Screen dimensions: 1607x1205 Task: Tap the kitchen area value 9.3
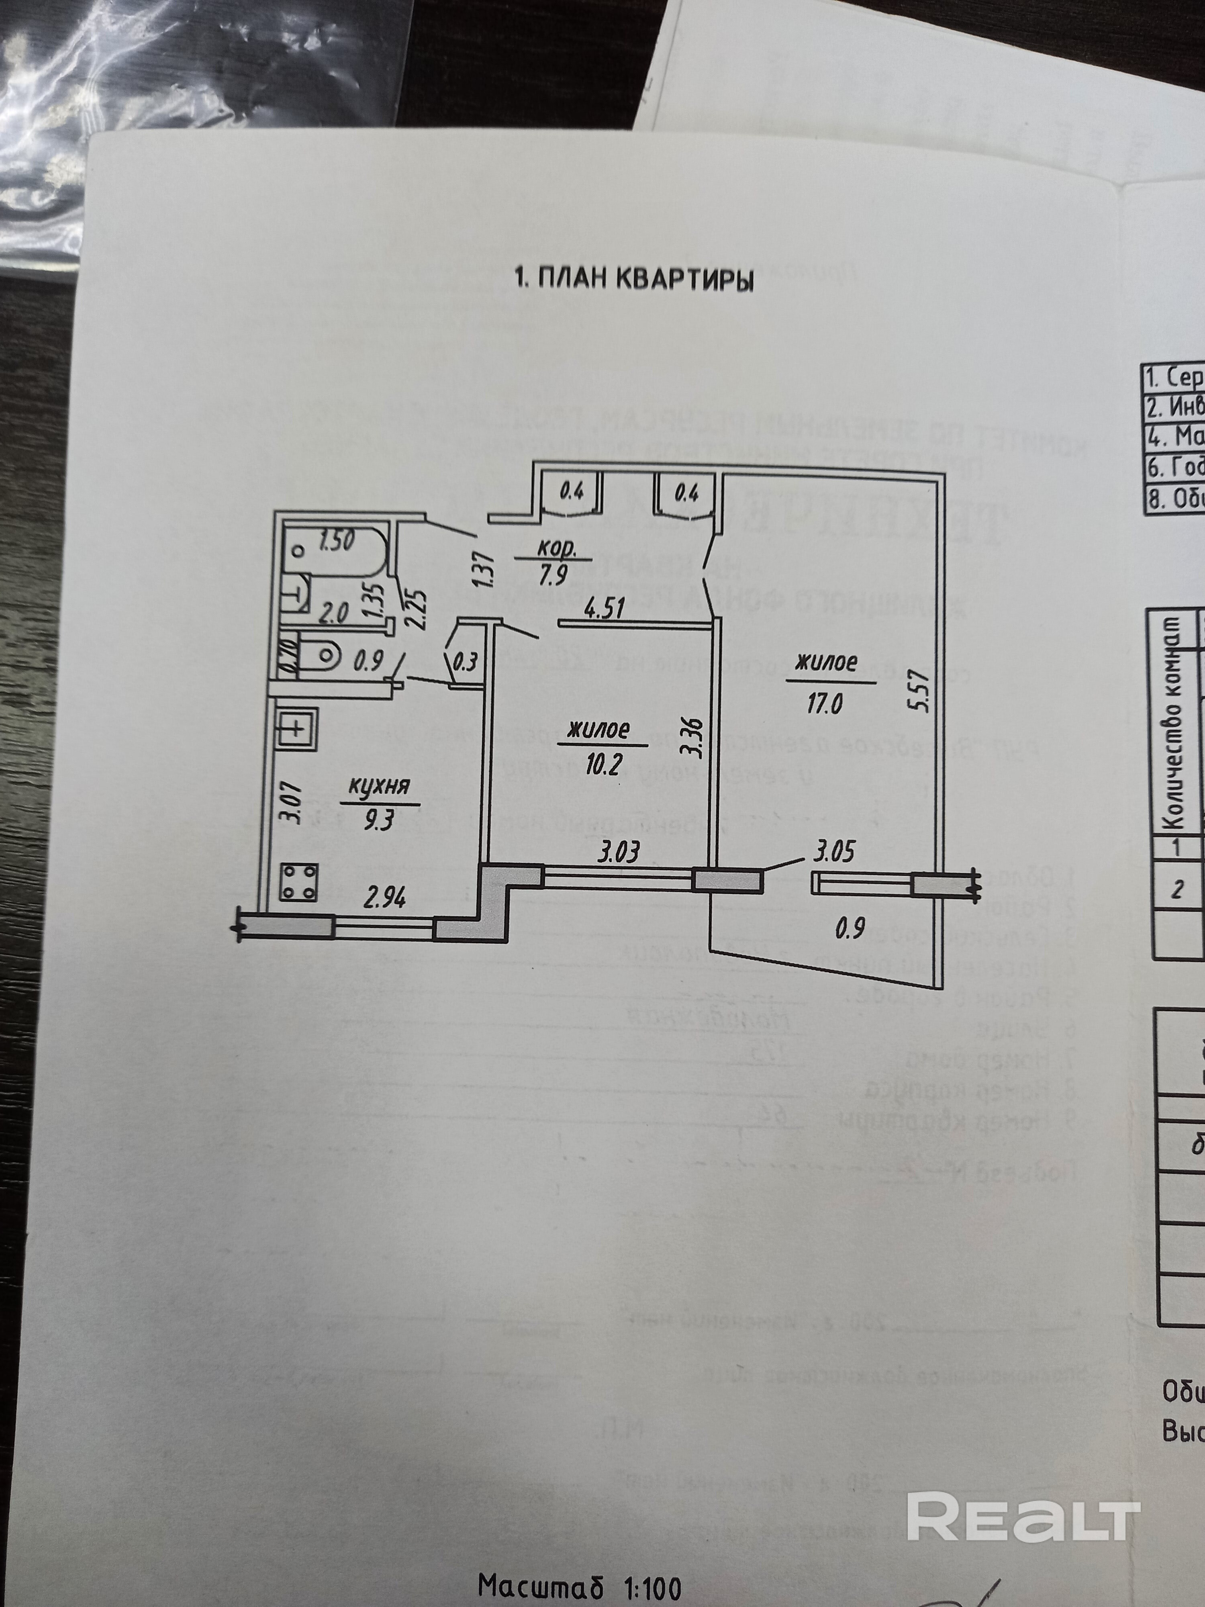(380, 820)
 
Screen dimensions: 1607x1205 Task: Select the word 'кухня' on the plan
(379, 786)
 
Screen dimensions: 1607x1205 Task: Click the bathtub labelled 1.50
(334, 552)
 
